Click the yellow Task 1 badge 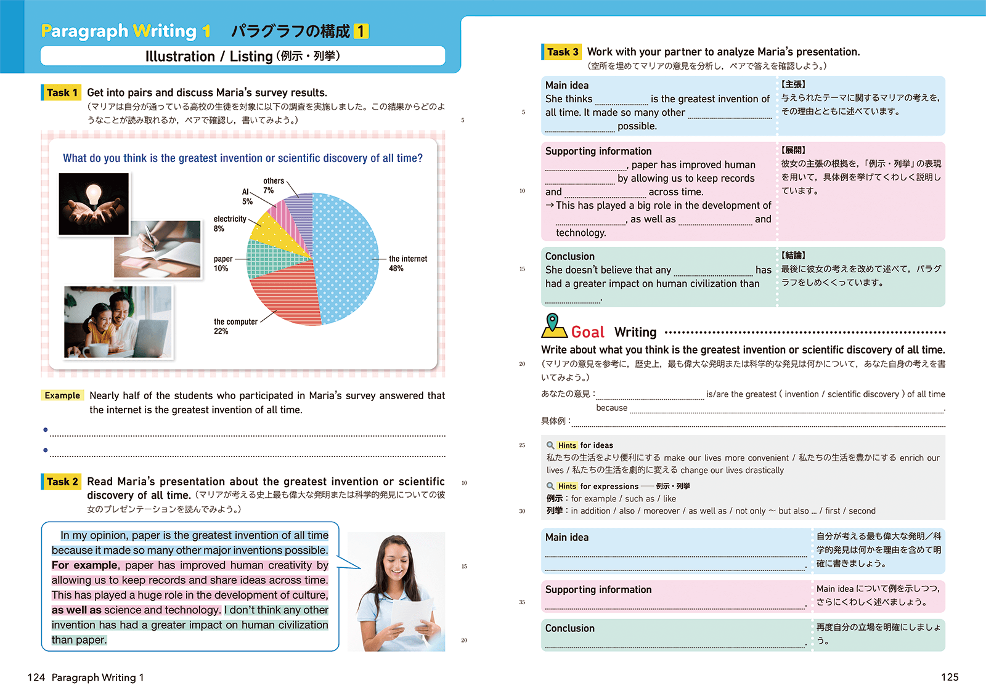coord(62,93)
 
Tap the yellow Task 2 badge coord(62,482)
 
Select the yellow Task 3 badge coord(562,52)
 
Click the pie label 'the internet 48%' coord(407,264)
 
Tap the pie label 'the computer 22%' coord(235,326)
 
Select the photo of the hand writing coord(158,249)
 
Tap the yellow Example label coord(62,395)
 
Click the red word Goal coord(587,333)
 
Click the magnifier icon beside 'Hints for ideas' coord(550,445)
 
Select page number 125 coord(950,678)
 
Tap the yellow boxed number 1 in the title coord(361,31)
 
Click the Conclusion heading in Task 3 coord(570,256)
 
